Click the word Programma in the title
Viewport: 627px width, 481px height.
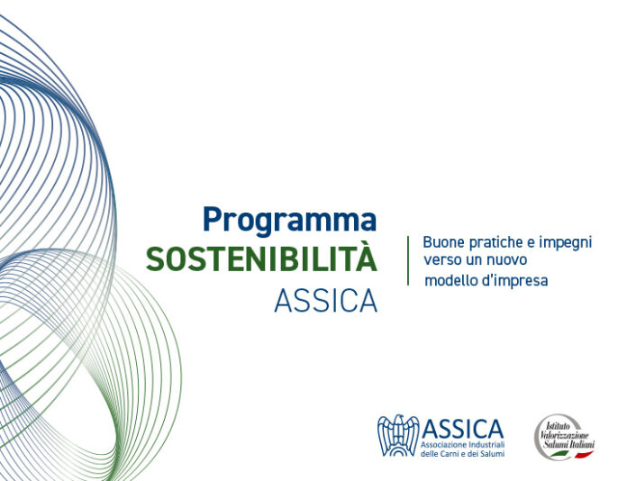[289, 221]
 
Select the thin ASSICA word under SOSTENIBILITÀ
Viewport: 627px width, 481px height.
[326, 301]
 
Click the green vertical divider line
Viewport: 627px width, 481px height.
[408, 260]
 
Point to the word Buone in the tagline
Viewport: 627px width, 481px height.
[444, 242]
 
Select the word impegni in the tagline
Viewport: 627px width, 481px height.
[566, 243]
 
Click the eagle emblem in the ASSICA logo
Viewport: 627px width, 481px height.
[398, 435]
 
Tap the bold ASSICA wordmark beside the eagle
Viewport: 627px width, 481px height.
[463, 429]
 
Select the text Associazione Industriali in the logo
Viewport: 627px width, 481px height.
[463, 445]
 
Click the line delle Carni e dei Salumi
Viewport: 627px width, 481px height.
[463, 453]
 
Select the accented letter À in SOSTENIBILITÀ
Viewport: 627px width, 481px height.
[367, 257]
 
